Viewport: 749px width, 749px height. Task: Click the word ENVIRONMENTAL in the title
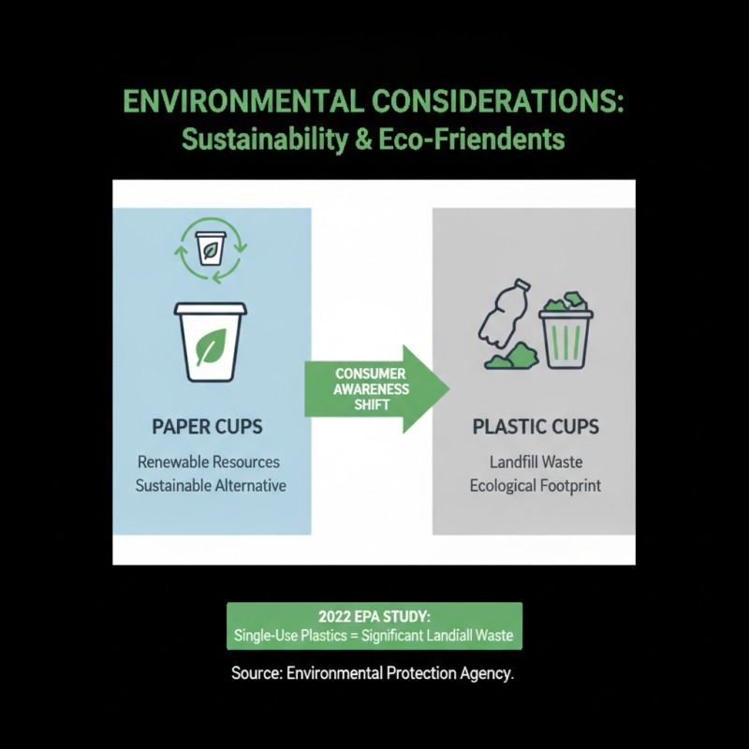tap(243, 101)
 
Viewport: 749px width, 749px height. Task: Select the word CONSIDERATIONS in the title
tap(498, 101)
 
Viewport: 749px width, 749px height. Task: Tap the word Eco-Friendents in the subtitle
tap(472, 140)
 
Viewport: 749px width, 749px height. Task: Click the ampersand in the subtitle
tap(363, 140)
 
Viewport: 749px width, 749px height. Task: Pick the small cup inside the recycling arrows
tap(210, 248)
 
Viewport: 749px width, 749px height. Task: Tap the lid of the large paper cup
tap(210, 309)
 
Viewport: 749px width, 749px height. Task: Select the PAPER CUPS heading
tap(207, 427)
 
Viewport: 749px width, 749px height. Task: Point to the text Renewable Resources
tap(209, 462)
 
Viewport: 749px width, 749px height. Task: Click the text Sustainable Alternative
tap(211, 486)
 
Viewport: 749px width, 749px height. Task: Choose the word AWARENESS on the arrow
tap(371, 389)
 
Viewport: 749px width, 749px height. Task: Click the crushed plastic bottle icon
tap(505, 314)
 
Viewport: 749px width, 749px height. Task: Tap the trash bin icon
tap(566, 339)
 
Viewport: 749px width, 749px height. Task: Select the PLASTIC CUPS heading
tap(536, 427)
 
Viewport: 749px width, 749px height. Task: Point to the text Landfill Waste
tap(536, 462)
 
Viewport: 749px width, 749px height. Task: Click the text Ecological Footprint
tap(535, 486)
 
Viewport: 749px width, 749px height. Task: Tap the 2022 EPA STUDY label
tap(374, 617)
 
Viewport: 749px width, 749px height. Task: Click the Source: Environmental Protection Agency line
tap(373, 673)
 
